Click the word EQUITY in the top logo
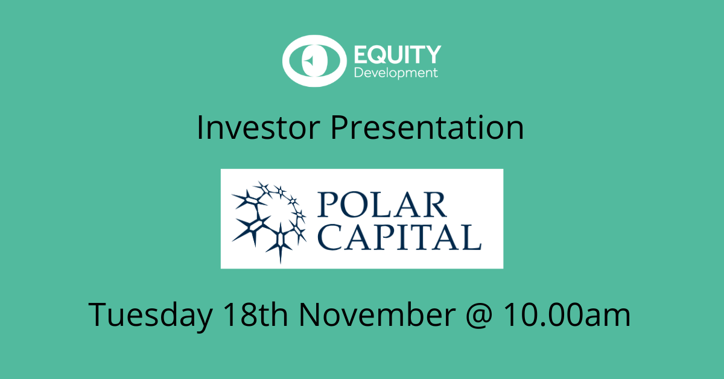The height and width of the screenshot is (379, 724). [398, 55]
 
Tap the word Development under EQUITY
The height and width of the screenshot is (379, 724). [396, 73]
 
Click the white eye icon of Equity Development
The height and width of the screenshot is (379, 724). [314, 61]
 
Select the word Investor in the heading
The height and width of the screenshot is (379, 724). [258, 127]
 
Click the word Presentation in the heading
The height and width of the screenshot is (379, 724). [427, 127]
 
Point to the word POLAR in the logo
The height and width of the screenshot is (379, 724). [383, 205]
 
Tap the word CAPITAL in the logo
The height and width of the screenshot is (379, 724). [399, 237]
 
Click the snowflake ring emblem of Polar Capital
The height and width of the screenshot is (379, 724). [269, 222]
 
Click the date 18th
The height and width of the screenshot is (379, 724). [255, 314]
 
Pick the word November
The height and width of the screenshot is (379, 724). [377, 314]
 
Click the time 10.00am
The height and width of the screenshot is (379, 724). [567, 314]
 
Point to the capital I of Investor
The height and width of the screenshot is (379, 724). [200, 127]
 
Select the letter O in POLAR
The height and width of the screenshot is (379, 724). [354, 205]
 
